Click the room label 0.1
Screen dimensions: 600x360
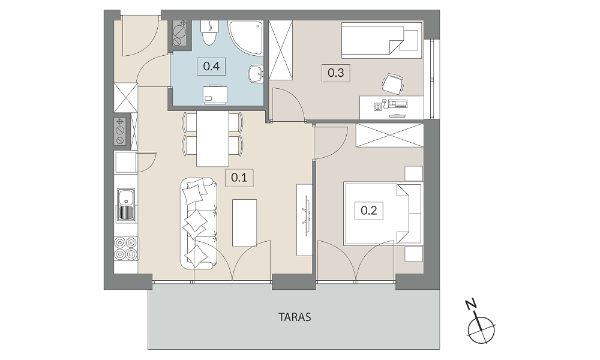click(x=239, y=178)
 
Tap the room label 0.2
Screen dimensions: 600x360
click(x=369, y=211)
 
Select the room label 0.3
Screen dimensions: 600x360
click(x=336, y=73)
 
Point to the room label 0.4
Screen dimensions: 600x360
click(x=211, y=66)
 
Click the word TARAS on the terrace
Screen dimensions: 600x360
click(x=295, y=317)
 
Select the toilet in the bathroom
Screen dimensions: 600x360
click(x=209, y=32)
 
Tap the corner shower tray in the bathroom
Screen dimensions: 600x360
click(x=245, y=37)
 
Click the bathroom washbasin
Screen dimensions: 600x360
click(x=256, y=74)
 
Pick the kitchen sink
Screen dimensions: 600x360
click(x=126, y=205)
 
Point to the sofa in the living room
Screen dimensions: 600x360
click(x=199, y=223)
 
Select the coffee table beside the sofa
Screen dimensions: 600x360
click(x=245, y=223)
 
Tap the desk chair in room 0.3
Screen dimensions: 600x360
click(x=393, y=83)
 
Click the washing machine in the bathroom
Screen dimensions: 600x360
click(x=215, y=94)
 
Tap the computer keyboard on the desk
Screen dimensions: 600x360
click(x=398, y=103)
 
